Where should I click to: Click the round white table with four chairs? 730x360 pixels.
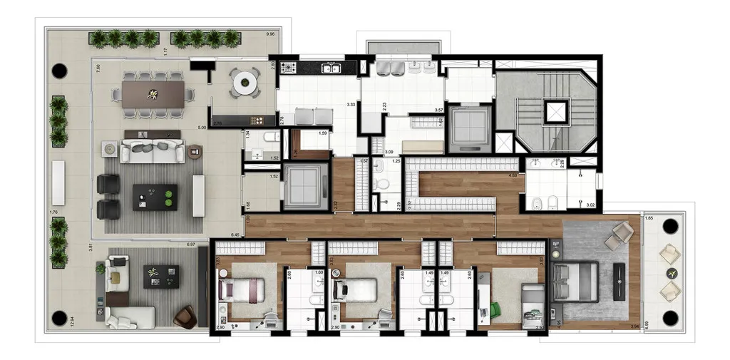click(245, 82)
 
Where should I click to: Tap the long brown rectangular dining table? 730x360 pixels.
click(153, 93)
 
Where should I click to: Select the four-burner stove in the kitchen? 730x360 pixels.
click(289, 68)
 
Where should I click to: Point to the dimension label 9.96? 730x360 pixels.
click(269, 34)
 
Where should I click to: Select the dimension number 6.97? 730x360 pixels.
click(190, 245)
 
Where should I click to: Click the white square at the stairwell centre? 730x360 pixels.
click(555, 111)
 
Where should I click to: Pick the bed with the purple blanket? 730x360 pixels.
click(241, 290)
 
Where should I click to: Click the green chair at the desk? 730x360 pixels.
click(495, 310)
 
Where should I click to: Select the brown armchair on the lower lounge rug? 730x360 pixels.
click(185, 316)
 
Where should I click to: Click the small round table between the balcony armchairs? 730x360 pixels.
click(670, 273)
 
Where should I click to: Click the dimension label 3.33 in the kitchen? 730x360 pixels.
click(350, 105)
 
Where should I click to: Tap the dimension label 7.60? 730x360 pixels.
click(98, 67)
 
